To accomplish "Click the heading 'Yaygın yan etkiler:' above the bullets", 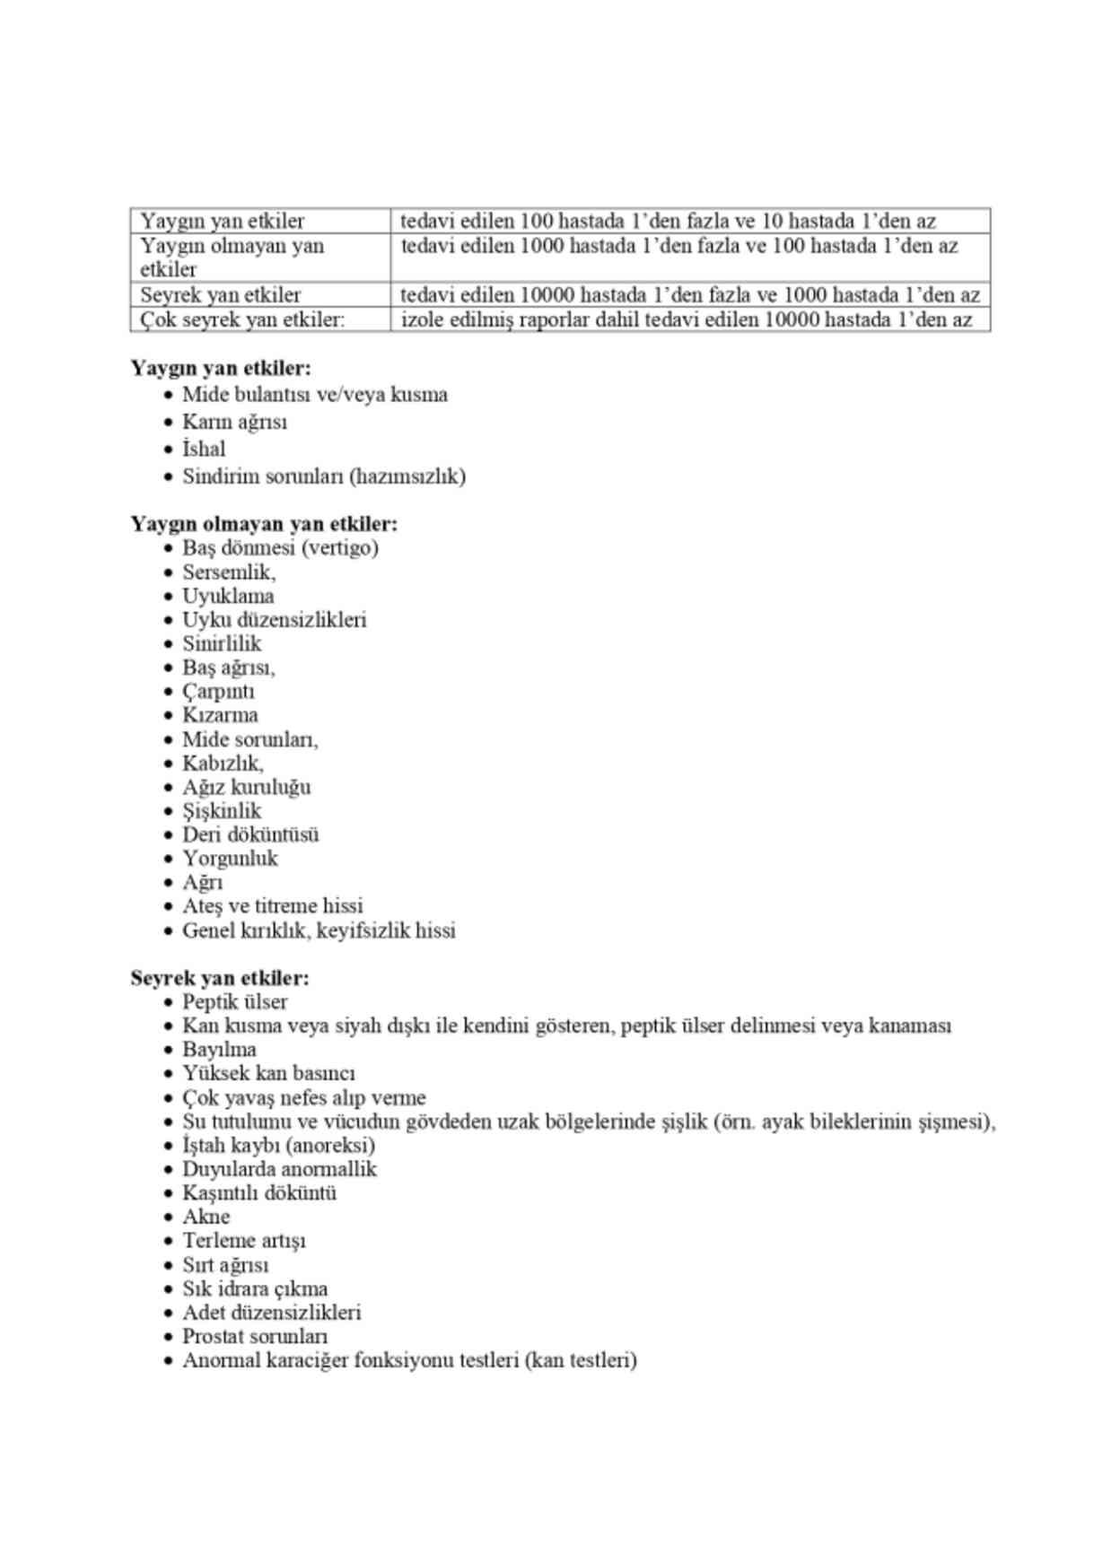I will [x=221, y=369].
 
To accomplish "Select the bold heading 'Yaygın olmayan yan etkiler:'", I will [x=264, y=524].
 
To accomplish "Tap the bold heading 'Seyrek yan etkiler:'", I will [x=220, y=978].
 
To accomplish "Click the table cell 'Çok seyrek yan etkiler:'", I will [x=242, y=320].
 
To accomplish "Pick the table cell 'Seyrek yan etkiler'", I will [x=221, y=295].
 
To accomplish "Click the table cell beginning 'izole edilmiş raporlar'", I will [x=686, y=320].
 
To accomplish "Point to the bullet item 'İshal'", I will [x=204, y=449].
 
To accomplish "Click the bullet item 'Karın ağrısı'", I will [x=234, y=422].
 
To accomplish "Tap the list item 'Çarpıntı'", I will [x=218, y=692].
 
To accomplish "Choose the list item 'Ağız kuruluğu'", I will [x=246, y=787].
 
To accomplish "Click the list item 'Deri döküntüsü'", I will [x=250, y=834].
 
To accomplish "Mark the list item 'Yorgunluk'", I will [x=230, y=859].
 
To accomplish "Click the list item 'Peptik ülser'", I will [x=235, y=1002].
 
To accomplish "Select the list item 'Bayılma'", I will [x=219, y=1050].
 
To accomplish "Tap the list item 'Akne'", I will [x=206, y=1218].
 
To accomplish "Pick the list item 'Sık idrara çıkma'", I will [x=255, y=1289].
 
